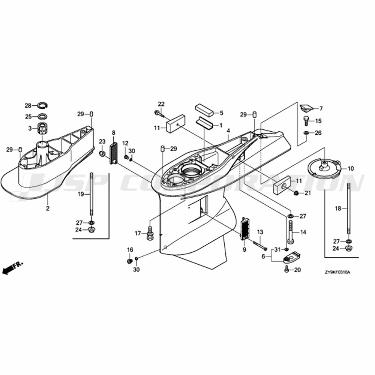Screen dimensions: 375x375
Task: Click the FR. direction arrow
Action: [12, 267]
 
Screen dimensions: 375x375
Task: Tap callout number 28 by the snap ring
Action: [28, 105]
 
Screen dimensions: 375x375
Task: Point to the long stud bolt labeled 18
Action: [349, 208]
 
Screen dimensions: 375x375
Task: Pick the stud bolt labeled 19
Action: [91, 194]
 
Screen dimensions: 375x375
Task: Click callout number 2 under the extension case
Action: [48, 208]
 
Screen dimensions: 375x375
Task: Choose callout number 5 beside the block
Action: [222, 112]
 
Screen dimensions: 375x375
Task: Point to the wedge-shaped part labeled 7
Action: [307, 108]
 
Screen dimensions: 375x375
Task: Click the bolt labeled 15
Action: [306, 121]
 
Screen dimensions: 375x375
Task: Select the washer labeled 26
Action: [306, 133]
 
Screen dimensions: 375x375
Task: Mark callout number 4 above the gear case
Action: [229, 131]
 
